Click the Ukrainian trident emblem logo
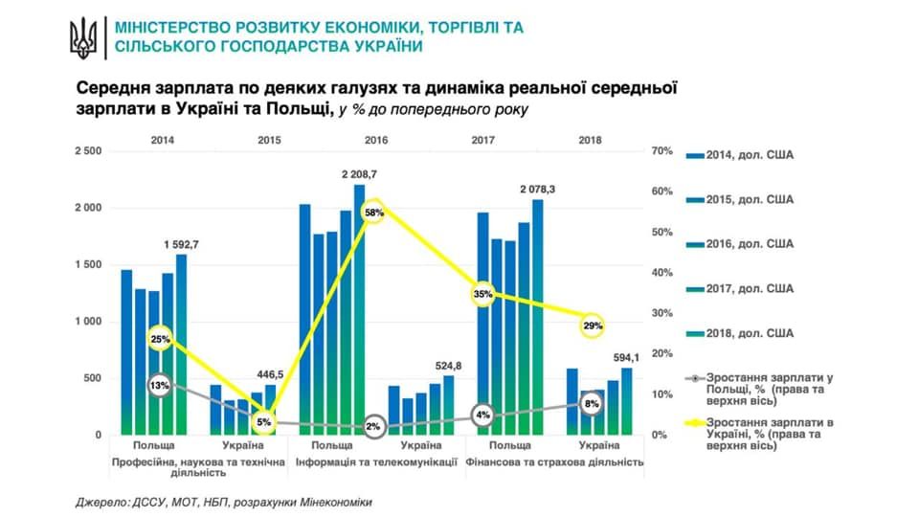coord(83,37)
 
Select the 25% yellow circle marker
coord(160,339)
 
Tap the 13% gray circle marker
coord(160,385)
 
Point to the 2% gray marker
coord(374,427)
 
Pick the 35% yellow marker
coord(482,294)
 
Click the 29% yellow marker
coord(593,326)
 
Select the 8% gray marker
coord(593,404)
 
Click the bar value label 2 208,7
coord(360,175)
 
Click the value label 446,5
coord(270,375)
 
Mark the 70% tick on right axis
coord(661,152)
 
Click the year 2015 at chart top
coord(270,140)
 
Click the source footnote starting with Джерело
coord(223,502)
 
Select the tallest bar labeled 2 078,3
coord(538,316)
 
